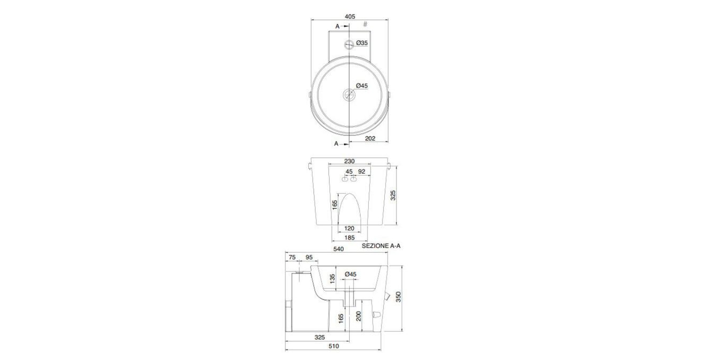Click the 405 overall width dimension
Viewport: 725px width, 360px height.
350,16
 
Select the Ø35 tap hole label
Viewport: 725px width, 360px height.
362,42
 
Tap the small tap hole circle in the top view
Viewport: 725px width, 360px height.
349,44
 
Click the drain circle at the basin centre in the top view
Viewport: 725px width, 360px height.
349,95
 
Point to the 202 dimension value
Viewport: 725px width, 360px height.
370,138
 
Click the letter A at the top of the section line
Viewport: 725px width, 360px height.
337,26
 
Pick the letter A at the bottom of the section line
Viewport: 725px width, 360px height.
336,143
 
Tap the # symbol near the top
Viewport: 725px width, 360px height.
365,24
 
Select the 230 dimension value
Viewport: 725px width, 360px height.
349,161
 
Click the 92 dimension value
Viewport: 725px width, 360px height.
361,172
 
